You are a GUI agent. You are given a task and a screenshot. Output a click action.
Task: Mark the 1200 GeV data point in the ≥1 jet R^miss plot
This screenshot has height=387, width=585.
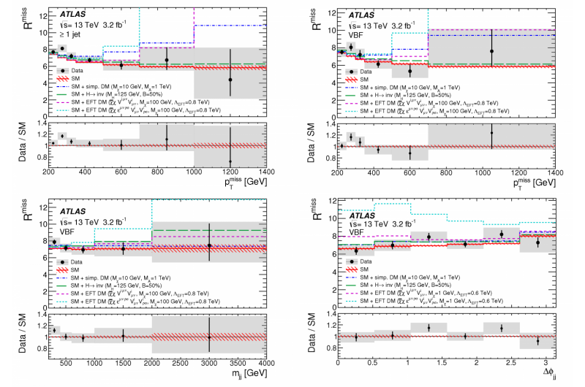pyautogui.click(x=230, y=80)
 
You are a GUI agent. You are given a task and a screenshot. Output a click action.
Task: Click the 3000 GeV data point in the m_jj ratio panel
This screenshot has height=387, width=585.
pyautogui.click(x=209, y=337)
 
